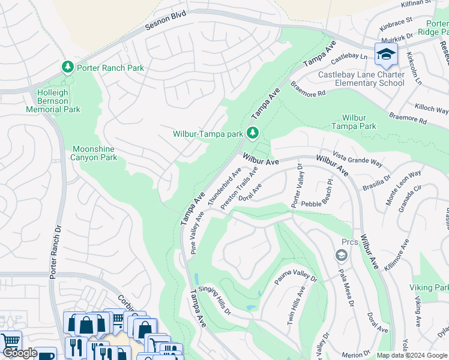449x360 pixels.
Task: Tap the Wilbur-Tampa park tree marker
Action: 254,132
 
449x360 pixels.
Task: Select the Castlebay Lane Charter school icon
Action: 385,55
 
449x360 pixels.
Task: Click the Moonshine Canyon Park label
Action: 95,153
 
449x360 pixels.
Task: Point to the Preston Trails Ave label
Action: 239,188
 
